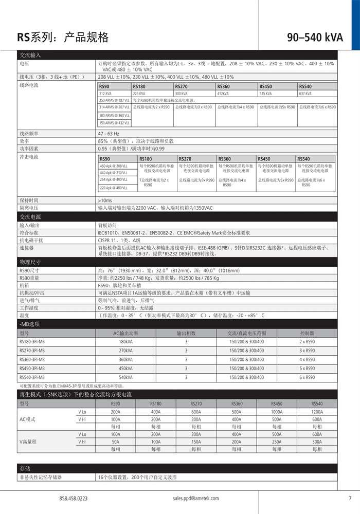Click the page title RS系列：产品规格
(x=63, y=37)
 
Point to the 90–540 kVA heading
(x=315, y=37)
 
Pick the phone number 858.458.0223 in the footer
(x=74, y=498)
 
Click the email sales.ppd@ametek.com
(x=196, y=498)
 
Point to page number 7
(x=350, y=498)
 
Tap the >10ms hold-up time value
(x=104, y=200)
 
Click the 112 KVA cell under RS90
(x=105, y=94)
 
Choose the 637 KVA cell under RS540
(x=305, y=94)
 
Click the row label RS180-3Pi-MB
(x=32, y=341)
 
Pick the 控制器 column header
(x=307, y=333)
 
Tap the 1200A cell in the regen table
(x=317, y=412)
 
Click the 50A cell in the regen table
(x=116, y=442)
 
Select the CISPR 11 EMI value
(x=119, y=240)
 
